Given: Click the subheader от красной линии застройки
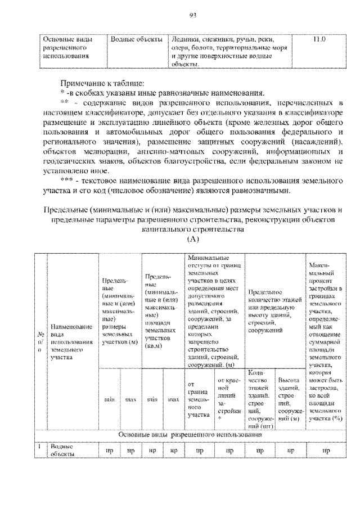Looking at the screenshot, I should point(228,399).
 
